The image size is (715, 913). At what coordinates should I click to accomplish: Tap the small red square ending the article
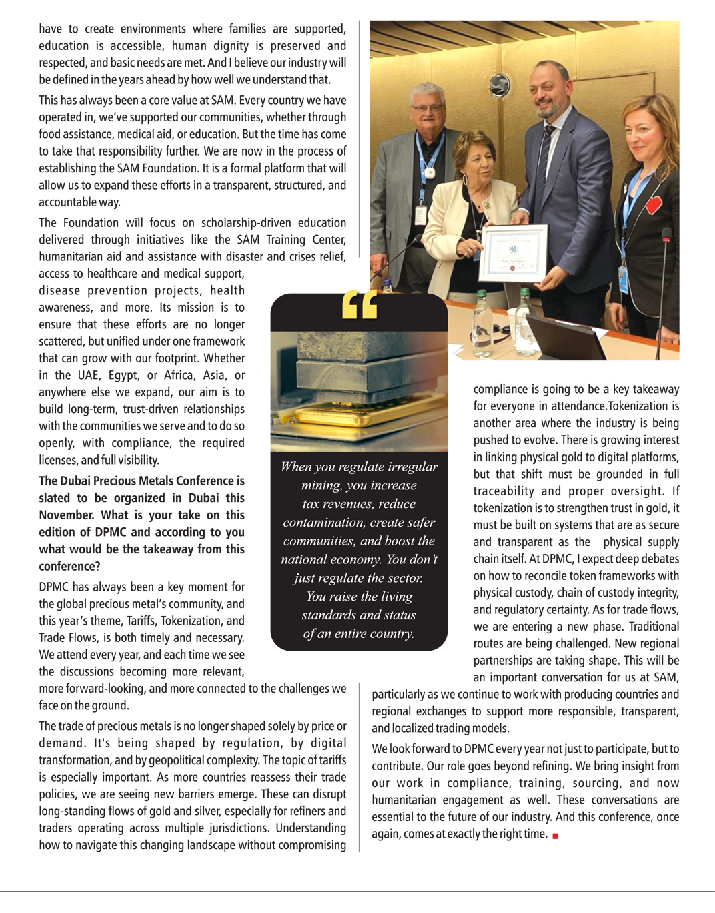point(555,836)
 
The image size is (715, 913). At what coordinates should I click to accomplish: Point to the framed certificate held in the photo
point(514,252)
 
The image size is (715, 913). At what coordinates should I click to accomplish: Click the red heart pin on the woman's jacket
point(654,204)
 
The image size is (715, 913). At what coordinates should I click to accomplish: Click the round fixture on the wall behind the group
point(499,85)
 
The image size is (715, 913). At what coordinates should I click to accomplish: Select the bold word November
point(66,515)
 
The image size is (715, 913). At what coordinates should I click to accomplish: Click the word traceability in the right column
point(504,491)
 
